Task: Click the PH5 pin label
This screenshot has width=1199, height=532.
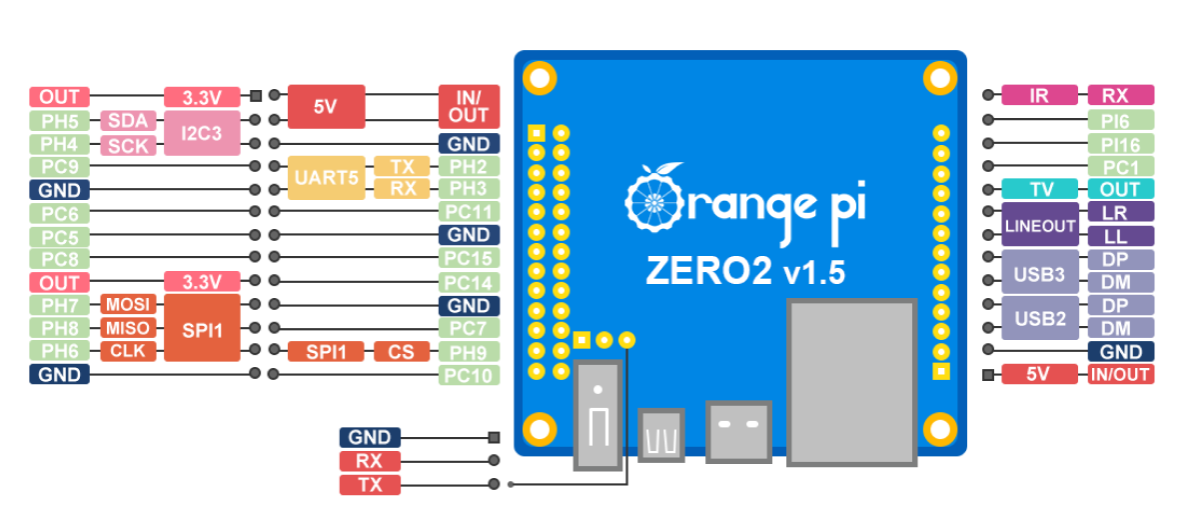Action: click(x=59, y=121)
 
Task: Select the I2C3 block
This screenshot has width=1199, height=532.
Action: click(x=202, y=132)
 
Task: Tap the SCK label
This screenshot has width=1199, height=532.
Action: click(x=128, y=146)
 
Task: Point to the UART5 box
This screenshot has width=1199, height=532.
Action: click(x=326, y=178)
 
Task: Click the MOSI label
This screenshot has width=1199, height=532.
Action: click(x=128, y=304)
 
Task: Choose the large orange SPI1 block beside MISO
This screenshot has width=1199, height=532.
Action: click(x=202, y=328)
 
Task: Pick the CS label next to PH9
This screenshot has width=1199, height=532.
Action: click(x=402, y=352)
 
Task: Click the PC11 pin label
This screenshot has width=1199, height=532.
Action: click(x=469, y=212)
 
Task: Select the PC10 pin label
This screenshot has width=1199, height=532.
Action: click(x=469, y=376)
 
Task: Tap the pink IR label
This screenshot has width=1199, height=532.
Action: click(x=1039, y=96)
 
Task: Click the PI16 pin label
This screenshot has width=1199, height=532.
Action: click(x=1121, y=143)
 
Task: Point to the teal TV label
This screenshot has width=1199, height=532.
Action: click(x=1039, y=189)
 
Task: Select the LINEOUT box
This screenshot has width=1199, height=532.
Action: click(x=1040, y=225)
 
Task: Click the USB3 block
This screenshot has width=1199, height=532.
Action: click(x=1040, y=273)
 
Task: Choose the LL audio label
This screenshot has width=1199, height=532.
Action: click(x=1121, y=237)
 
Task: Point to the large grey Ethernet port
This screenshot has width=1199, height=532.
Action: click(x=852, y=382)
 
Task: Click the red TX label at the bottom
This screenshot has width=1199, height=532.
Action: click(x=370, y=485)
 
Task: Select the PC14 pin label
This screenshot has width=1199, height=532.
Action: click(x=469, y=283)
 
